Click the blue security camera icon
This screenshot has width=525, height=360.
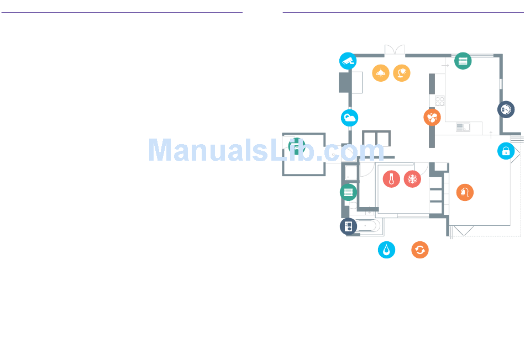pyautogui.click(x=348, y=61)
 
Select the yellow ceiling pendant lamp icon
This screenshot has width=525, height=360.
pyautogui.click(x=381, y=73)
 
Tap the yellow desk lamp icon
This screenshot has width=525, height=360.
pyautogui.click(x=402, y=73)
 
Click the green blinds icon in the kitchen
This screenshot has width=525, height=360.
pyautogui.click(x=463, y=61)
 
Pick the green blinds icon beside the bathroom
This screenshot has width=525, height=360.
pyautogui.click(x=349, y=192)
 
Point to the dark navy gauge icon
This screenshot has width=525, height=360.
pyautogui.click(x=506, y=109)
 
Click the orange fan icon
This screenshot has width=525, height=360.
pyautogui.click(x=432, y=118)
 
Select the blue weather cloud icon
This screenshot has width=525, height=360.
pyautogui.click(x=350, y=118)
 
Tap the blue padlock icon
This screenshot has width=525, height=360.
pyautogui.click(x=506, y=151)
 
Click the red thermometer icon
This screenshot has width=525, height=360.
pyautogui.click(x=391, y=179)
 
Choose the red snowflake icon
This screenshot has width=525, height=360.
pyautogui.click(x=412, y=179)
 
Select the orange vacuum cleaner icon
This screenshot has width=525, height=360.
pyautogui.click(x=465, y=192)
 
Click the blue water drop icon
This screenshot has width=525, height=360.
pyautogui.click(x=387, y=250)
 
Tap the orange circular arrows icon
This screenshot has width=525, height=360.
pyautogui.click(x=420, y=250)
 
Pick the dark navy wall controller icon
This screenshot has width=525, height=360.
pyautogui.click(x=349, y=226)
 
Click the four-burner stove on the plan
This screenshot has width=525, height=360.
pyautogui.click(x=440, y=100)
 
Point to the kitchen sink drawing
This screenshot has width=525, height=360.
pyautogui.click(x=463, y=127)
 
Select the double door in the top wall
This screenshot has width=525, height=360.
pyautogui.click(x=395, y=50)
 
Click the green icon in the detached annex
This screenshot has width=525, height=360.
pyautogui.click(x=297, y=146)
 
